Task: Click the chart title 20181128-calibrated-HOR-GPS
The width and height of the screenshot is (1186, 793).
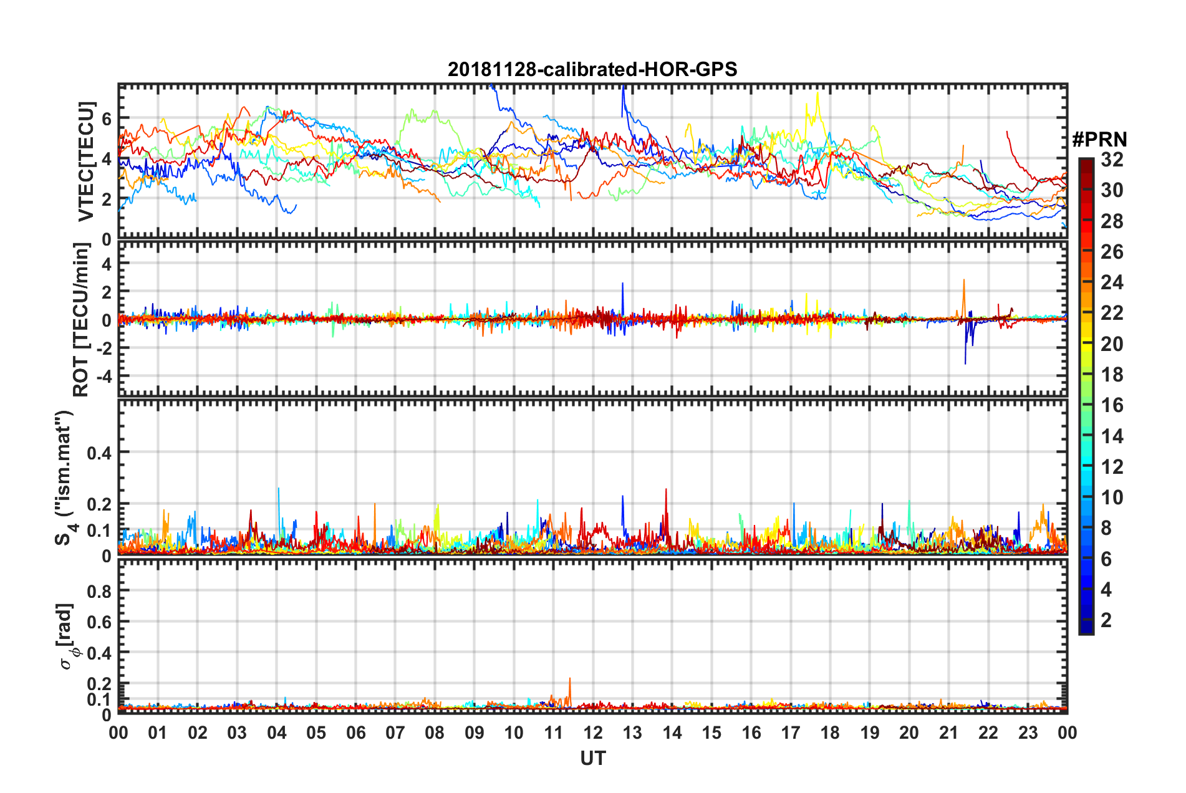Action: (x=592, y=69)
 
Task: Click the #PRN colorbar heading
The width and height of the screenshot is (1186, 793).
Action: (x=1099, y=140)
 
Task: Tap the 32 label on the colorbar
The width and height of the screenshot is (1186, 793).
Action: (x=1112, y=160)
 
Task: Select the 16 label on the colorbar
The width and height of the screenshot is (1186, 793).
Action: (x=1112, y=405)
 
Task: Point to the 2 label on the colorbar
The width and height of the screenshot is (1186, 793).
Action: (x=1106, y=620)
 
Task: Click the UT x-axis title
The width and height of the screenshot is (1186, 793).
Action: (x=592, y=758)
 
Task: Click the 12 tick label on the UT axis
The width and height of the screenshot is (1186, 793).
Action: (x=593, y=733)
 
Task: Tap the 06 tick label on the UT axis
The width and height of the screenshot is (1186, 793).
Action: (x=355, y=733)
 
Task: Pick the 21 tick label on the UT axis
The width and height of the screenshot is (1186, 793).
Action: (x=948, y=733)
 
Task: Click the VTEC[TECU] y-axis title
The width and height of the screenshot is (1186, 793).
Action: (x=87, y=161)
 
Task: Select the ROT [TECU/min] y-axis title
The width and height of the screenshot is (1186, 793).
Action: (x=81, y=320)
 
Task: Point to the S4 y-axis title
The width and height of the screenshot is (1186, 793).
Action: (x=64, y=477)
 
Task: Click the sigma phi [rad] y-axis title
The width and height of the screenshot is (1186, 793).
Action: (x=65, y=636)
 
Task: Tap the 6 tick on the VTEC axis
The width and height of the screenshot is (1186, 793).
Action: (x=106, y=118)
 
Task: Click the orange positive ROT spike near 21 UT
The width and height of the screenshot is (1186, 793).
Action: (x=963, y=284)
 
